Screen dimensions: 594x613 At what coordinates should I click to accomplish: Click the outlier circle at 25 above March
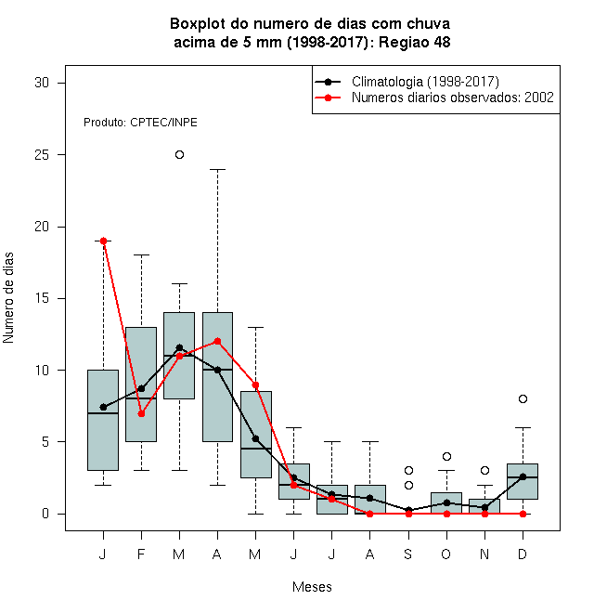[179, 155]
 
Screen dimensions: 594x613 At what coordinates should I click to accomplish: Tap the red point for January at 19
[104, 241]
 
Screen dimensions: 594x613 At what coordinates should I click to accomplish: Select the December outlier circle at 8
[523, 398]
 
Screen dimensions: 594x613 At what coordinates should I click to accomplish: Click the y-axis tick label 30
[42, 83]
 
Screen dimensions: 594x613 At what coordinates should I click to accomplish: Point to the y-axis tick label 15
[42, 298]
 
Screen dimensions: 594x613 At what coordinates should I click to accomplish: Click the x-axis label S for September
[408, 554]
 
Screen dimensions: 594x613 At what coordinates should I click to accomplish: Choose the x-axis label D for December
[523, 554]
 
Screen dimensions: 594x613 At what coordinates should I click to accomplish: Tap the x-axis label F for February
[141, 554]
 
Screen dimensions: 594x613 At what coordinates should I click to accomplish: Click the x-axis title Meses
[312, 587]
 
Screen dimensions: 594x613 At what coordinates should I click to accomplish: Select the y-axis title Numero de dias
[8, 298]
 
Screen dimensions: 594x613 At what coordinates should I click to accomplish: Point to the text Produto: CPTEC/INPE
[140, 123]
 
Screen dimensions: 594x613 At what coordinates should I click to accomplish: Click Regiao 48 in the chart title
[414, 42]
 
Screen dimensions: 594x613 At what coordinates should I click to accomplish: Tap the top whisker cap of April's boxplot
[218, 169]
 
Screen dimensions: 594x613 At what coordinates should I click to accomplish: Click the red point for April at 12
[218, 341]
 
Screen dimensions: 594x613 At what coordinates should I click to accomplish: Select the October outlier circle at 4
[446, 456]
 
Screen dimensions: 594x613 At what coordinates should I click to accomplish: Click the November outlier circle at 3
[484, 470]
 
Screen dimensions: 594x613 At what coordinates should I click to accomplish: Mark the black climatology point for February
[141, 388]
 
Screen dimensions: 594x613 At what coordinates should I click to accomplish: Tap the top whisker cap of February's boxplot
[141, 254]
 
